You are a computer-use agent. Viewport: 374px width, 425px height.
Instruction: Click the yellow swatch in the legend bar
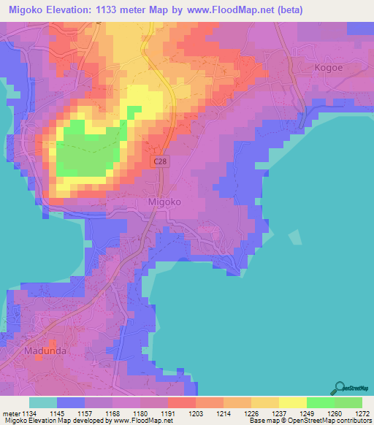(292, 402)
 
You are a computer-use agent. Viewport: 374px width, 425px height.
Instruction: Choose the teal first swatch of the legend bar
(43, 402)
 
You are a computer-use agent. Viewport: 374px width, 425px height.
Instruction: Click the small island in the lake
(295, 237)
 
